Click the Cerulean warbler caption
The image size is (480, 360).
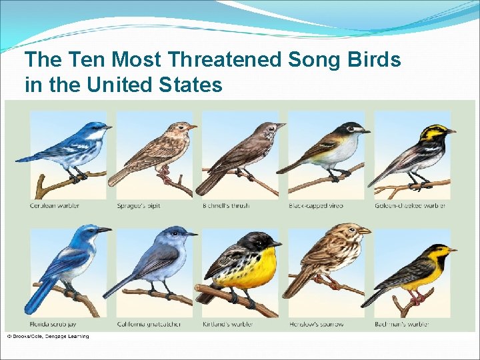point(55,205)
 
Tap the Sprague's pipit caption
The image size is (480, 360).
point(139,205)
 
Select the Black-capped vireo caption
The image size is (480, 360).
point(316,205)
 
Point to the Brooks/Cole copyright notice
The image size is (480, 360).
point(47,336)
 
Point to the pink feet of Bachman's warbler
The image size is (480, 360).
point(417,299)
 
